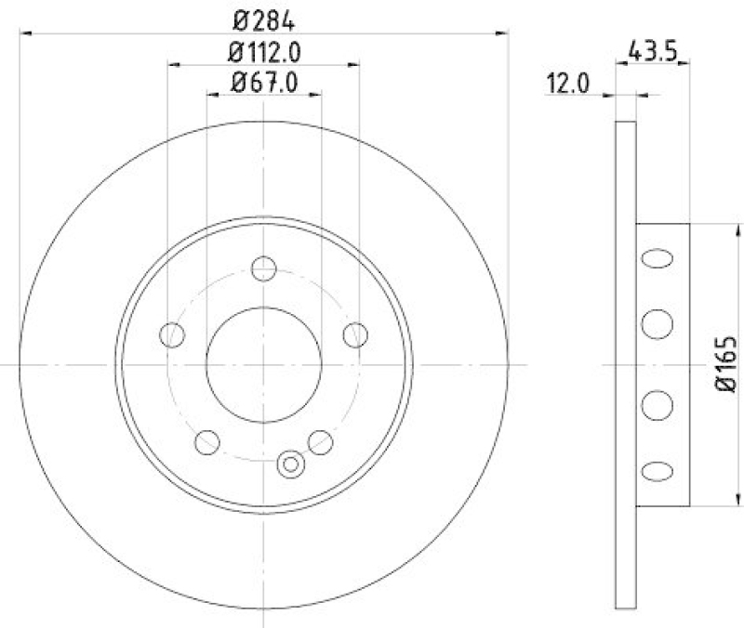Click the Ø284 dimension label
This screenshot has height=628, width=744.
[x=263, y=18]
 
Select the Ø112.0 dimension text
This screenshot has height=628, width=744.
[x=263, y=50]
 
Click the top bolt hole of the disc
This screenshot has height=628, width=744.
[x=264, y=268]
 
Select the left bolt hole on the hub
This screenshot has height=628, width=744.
[x=172, y=334]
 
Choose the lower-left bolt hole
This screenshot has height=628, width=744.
[x=207, y=442]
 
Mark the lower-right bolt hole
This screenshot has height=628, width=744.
[x=321, y=442]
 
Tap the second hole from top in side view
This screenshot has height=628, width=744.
[x=657, y=323]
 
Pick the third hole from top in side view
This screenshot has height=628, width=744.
[x=657, y=406]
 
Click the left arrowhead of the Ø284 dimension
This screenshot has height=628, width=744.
[x=25, y=34]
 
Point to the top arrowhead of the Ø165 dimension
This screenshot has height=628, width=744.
[x=739, y=229]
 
